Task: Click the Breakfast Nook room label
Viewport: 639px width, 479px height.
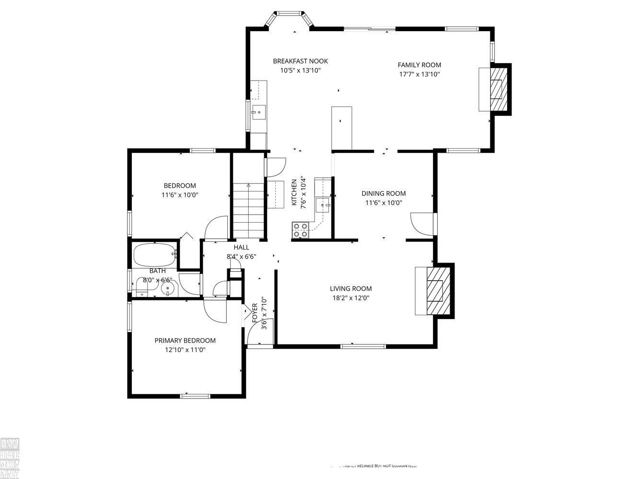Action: (300, 61)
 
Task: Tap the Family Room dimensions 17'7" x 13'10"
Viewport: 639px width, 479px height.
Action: (419, 74)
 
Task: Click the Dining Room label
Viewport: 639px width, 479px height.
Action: (383, 194)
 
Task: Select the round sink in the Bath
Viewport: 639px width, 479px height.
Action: (167, 288)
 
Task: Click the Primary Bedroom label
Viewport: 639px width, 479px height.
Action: (185, 341)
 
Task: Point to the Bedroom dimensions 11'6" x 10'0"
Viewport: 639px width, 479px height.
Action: (180, 195)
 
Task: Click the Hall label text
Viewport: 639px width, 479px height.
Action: (241, 247)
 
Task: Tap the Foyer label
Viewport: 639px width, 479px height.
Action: (255, 312)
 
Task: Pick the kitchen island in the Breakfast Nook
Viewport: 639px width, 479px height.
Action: (342, 128)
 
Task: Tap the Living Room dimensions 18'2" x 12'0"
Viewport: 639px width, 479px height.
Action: (350, 297)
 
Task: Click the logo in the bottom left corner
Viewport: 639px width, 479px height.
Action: (10, 458)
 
